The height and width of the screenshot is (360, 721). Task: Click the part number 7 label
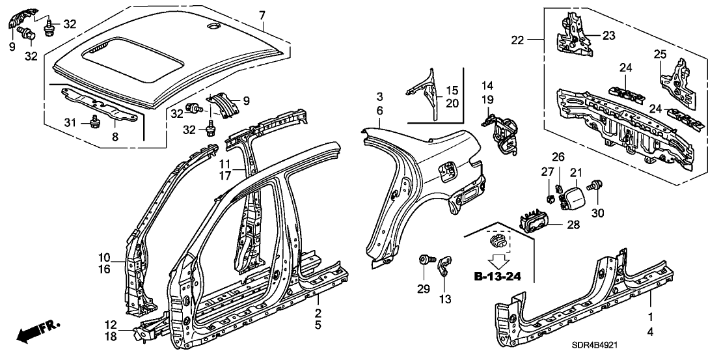click(262, 15)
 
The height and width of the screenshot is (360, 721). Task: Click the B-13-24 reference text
click(497, 277)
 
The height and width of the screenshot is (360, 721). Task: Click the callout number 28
click(573, 225)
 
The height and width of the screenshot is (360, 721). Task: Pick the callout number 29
click(424, 289)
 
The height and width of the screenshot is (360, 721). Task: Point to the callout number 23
click(608, 36)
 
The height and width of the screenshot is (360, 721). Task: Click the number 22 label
click(517, 40)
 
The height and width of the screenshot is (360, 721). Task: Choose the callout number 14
click(488, 85)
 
